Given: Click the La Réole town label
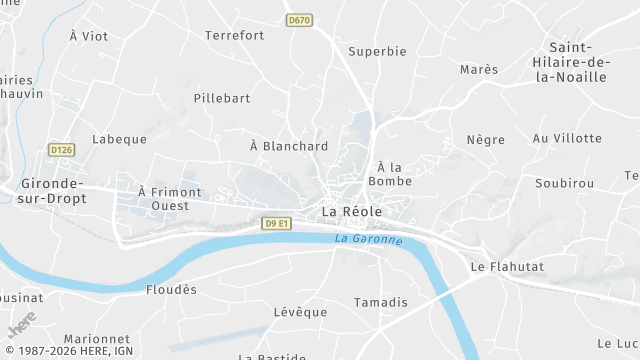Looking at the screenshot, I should point(351,212).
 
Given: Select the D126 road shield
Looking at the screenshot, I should point(61,150).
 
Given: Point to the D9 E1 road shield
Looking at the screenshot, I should point(278,223).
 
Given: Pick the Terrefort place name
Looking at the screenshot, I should point(234,35).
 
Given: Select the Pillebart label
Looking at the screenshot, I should point(222,99).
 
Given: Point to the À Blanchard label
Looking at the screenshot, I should point(289,146).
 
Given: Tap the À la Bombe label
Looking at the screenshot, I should point(390,174).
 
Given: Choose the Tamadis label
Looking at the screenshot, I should point(381,302).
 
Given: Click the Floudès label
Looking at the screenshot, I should point(172,289).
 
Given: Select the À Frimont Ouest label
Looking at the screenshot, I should point(170,198).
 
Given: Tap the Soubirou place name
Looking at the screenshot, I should point(564,183).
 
